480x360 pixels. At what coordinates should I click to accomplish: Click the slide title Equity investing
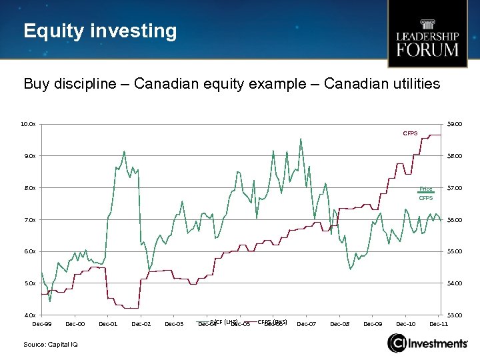click(100, 31)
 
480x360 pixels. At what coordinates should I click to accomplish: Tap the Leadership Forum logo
click(427, 35)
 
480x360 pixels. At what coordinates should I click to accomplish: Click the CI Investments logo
click(427, 343)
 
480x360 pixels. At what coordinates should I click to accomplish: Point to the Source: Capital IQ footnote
click(51, 344)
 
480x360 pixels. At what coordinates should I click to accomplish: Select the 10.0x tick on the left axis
click(28, 124)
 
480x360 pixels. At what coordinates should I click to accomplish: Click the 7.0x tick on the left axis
click(28, 220)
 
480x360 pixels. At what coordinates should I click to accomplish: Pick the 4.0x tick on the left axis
click(28, 315)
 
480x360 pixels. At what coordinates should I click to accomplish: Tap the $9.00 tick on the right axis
click(455, 124)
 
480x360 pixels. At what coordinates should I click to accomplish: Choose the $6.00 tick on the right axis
click(455, 220)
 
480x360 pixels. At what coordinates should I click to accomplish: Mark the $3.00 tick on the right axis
click(455, 315)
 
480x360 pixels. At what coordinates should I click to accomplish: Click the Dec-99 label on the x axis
click(42, 324)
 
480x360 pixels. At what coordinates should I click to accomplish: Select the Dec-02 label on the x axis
click(141, 324)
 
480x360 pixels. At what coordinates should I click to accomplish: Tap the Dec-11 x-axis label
click(439, 324)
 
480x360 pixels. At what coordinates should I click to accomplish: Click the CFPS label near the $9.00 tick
click(410, 134)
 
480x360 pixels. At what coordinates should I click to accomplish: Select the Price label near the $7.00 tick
click(425, 189)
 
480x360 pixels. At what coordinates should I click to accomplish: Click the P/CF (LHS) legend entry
click(223, 322)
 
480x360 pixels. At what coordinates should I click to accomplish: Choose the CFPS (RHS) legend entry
click(272, 322)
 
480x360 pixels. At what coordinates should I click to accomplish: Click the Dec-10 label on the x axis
click(406, 324)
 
